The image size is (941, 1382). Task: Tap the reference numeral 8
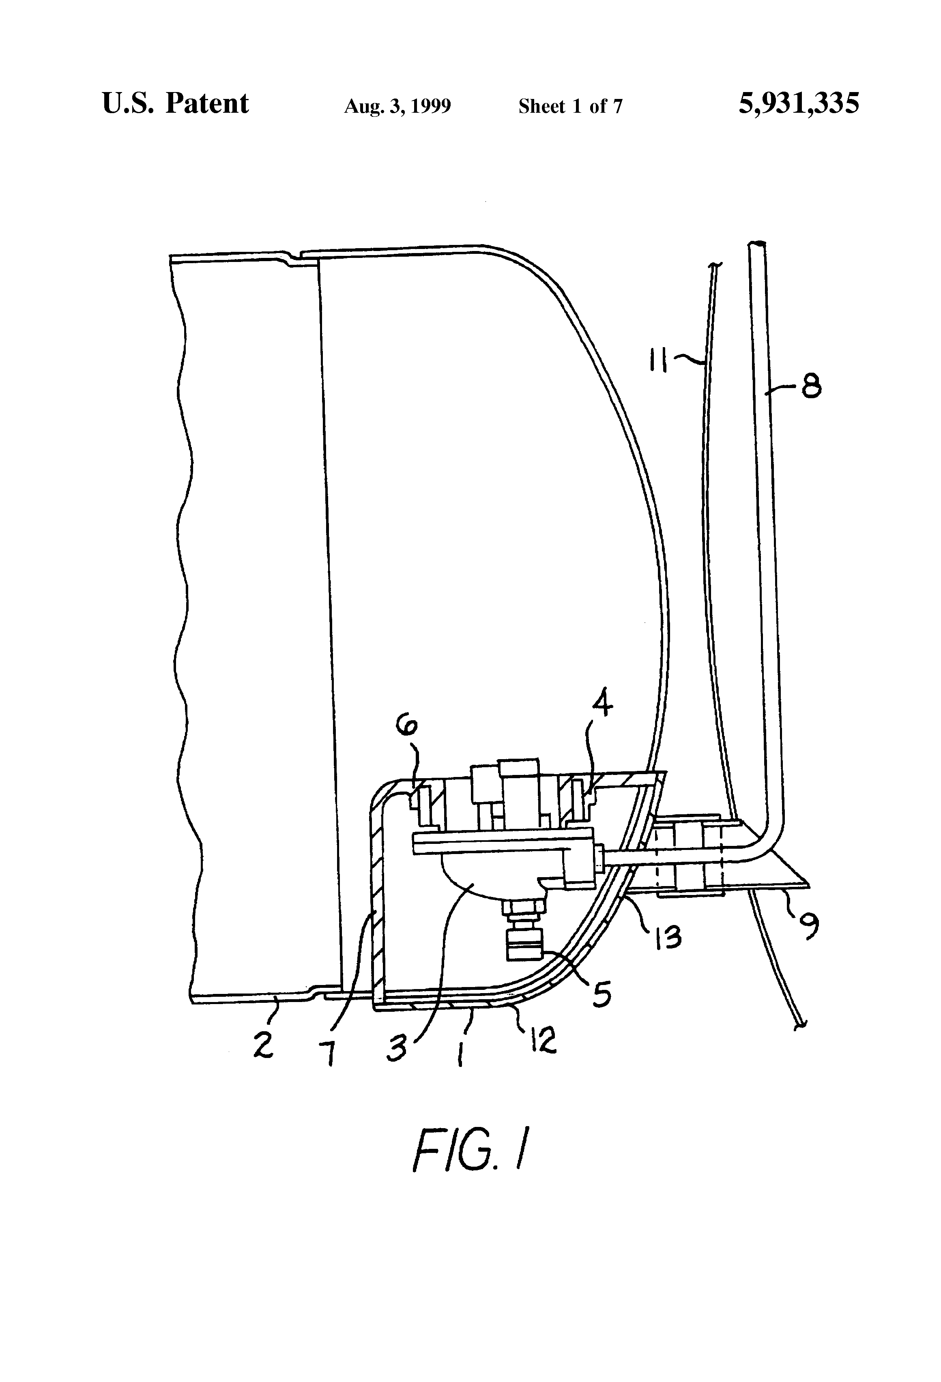tap(811, 388)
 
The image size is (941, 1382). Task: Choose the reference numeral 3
tap(397, 1048)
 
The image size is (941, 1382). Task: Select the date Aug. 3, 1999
tap(397, 106)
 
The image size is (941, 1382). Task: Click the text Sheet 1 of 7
tap(570, 106)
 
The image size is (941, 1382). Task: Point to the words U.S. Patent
tap(176, 103)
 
